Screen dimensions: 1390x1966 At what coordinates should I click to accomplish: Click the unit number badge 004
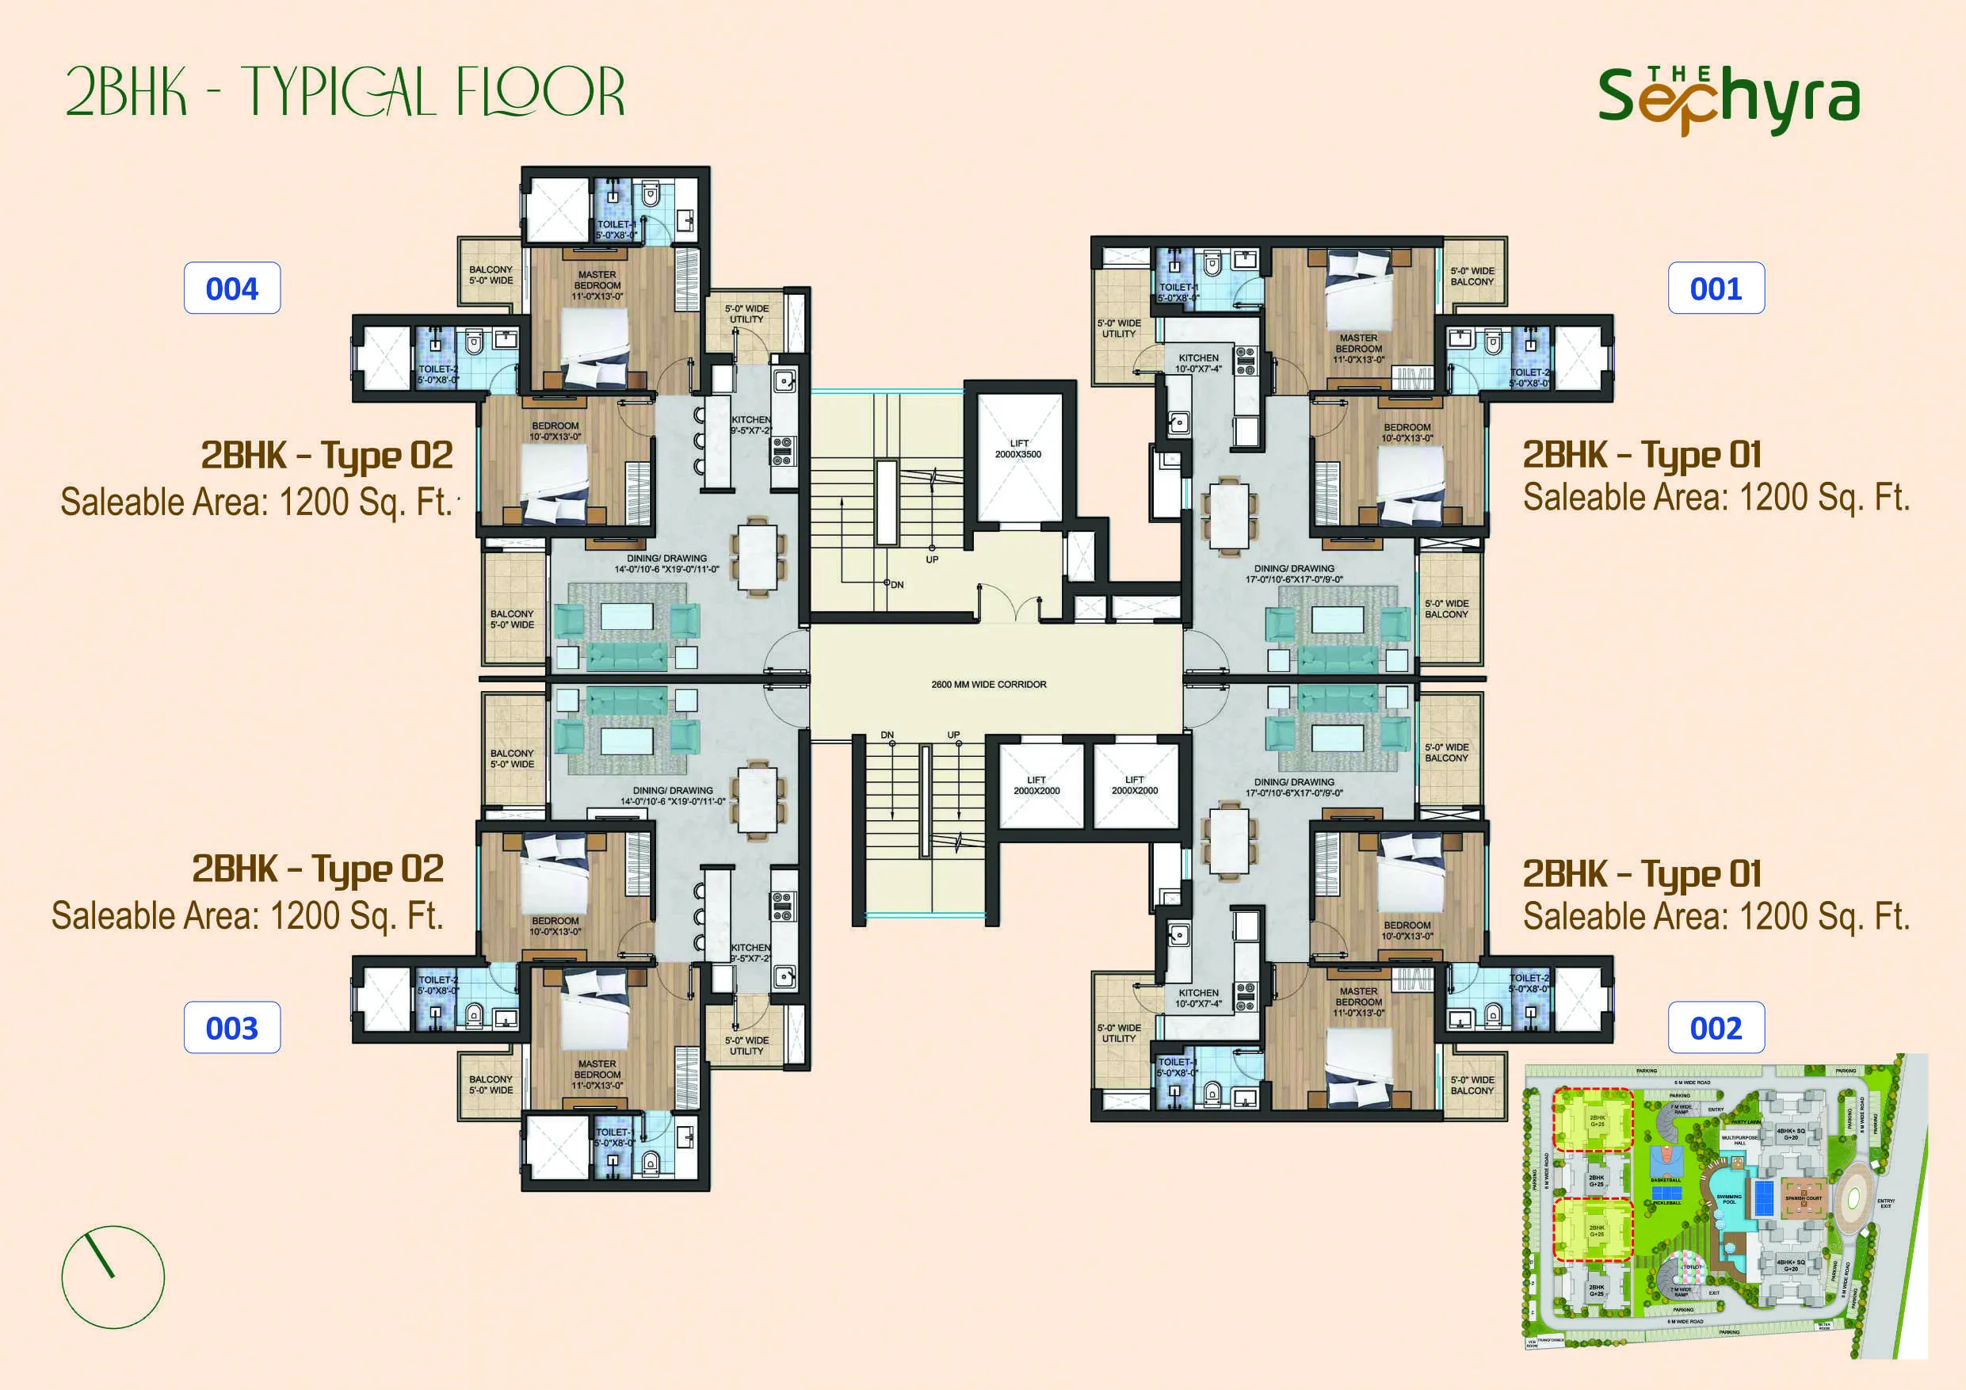(232, 288)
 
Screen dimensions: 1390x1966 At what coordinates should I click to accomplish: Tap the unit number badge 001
(1716, 288)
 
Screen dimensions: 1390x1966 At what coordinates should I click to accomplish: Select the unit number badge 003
(232, 1028)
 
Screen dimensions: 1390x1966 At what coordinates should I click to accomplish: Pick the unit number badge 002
(1716, 1028)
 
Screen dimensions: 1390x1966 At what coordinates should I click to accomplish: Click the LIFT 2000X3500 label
(1018, 449)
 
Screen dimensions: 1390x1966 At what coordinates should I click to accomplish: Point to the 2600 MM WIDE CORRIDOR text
(988, 684)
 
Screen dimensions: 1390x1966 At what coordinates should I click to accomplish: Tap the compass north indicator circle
(113, 1277)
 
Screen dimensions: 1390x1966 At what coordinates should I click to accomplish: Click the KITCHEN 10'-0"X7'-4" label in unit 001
(1198, 363)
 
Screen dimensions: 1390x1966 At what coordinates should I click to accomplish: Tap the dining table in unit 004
(757, 556)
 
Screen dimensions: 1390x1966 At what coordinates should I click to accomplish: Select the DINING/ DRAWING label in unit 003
(673, 796)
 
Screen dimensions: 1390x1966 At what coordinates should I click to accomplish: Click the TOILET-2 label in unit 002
(1529, 983)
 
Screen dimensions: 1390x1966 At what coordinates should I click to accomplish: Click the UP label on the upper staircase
(932, 559)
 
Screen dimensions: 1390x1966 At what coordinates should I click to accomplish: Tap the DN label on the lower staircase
(887, 735)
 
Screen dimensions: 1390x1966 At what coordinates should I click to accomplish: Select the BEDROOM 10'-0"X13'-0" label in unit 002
(1407, 930)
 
